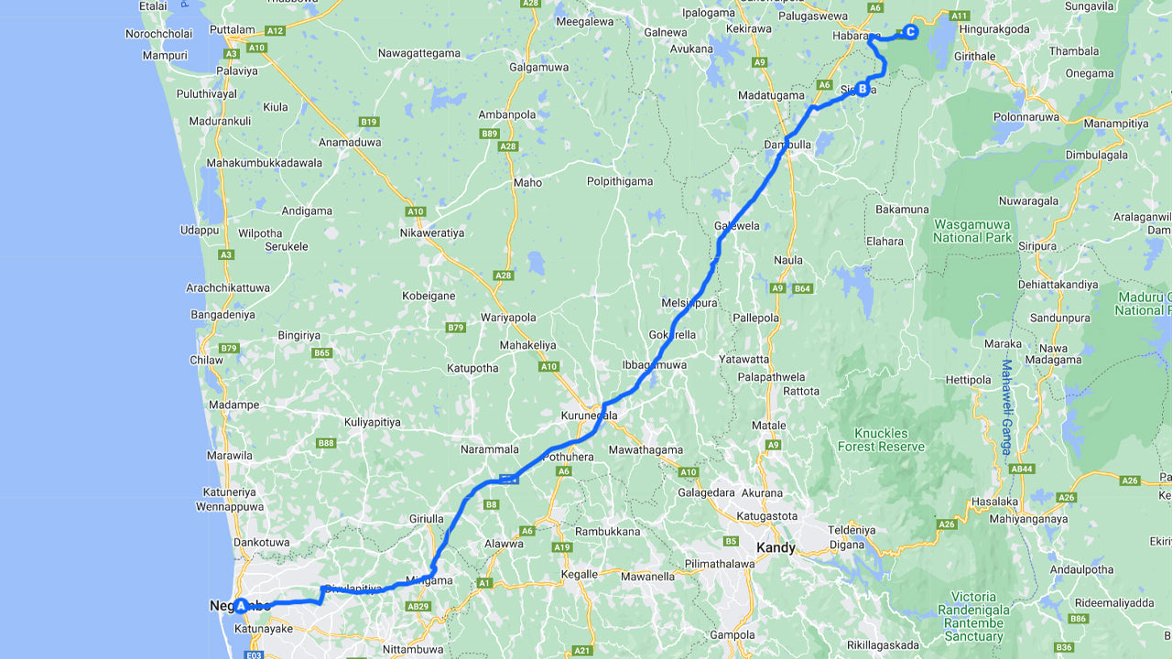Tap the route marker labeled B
[862, 89]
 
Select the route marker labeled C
[910, 31]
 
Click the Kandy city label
[776, 548]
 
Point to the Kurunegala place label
[589, 416]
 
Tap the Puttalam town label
[232, 29]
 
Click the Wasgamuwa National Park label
[972, 231]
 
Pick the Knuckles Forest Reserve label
[882, 439]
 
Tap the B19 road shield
[369, 122]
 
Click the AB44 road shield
[1023, 469]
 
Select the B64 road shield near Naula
[803, 288]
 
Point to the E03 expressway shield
[255, 654]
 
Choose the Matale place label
[768, 426]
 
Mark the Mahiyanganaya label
[1028, 519]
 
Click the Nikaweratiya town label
[432, 232]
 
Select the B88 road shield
[326, 443]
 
